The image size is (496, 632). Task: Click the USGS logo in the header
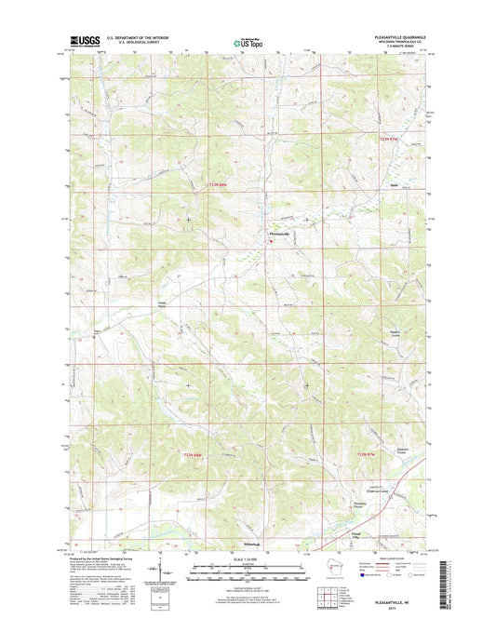[x=83, y=42]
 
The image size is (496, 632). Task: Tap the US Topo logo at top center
[x=248, y=41]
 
